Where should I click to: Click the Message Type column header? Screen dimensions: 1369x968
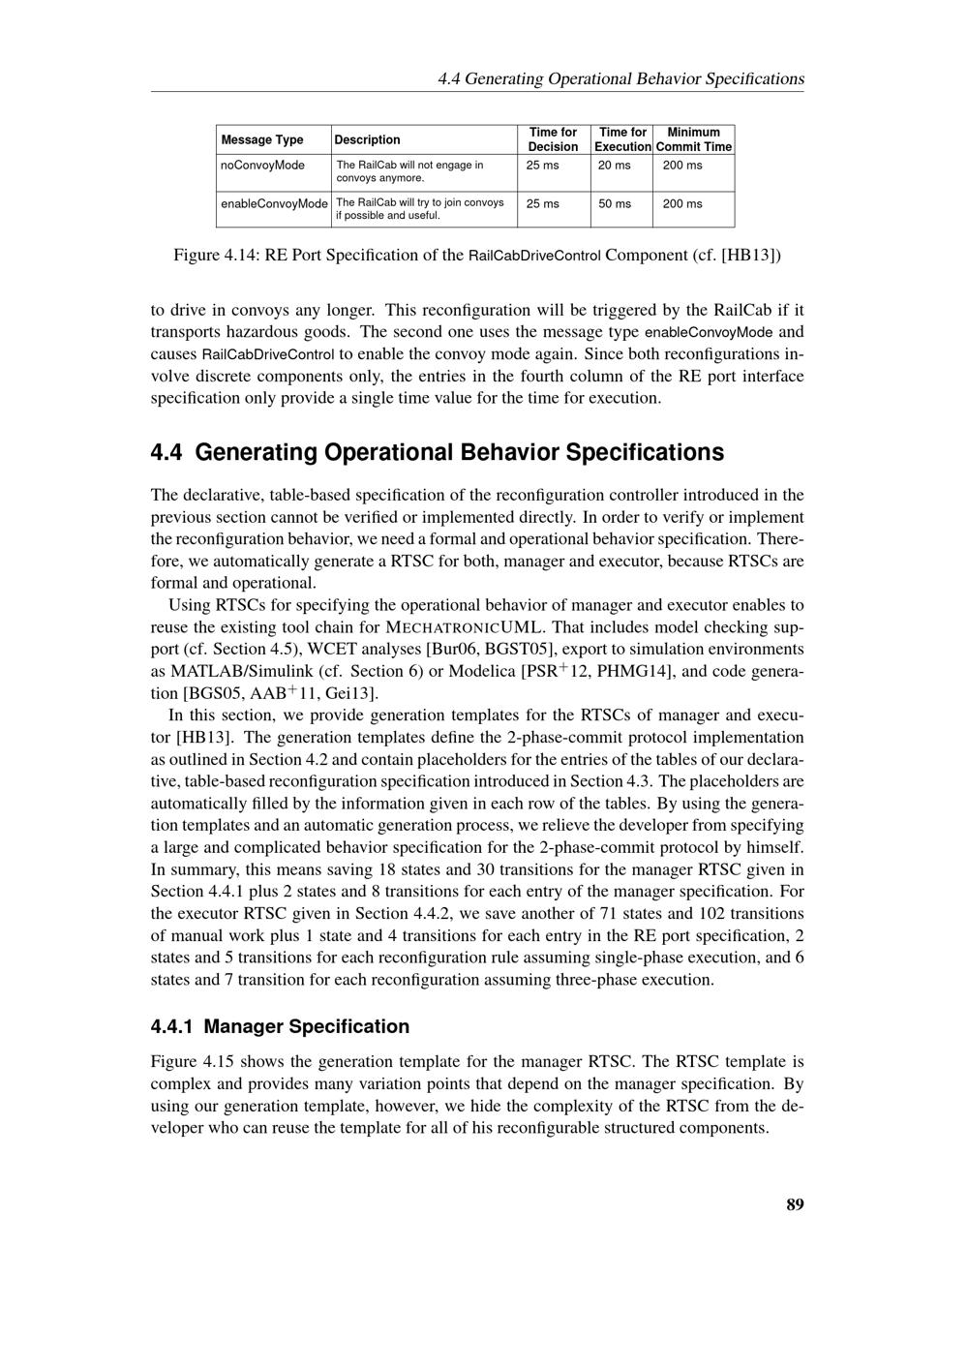coord(261,139)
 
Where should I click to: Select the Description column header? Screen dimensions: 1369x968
coord(367,139)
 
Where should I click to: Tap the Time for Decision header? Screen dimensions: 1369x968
coord(553,139)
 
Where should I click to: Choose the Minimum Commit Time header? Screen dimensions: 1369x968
coord(693,139)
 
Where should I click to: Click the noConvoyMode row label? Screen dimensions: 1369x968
coord(262,166)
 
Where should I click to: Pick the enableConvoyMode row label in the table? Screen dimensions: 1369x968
coord(274,204)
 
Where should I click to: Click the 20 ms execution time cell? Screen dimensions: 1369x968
coord(614,166)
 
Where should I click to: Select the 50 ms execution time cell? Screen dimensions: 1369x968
coord(614,204)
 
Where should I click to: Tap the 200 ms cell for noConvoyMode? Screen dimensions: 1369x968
coord(682,166)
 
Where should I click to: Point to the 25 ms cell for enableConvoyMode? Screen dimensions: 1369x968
coord(542,204)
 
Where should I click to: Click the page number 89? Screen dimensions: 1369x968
coord(795,1204)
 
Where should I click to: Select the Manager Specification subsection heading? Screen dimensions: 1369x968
coord(306,1026)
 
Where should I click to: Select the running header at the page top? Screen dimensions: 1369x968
coord(620,78)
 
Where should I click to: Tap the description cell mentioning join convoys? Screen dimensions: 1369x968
coord(419,208)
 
